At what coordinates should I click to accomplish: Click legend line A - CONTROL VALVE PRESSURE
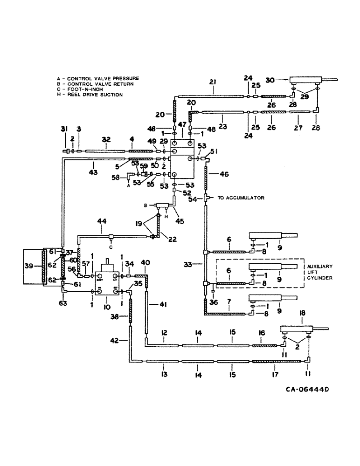click(97, 78)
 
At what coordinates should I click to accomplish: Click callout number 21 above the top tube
click(213, 82)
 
